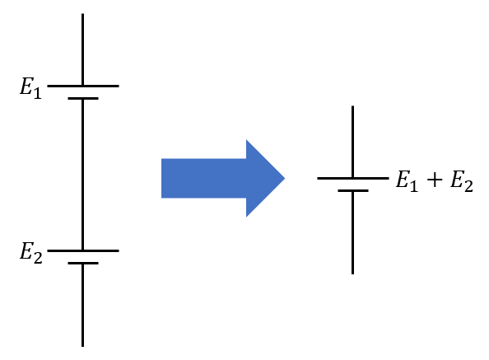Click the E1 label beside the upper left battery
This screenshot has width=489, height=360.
click(30, 88)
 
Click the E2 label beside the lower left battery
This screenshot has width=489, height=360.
click(31, 253)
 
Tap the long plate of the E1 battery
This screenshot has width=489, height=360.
click(83, 86)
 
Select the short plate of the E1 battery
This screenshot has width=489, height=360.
click(83, 98)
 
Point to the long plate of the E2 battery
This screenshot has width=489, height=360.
click(83, 250)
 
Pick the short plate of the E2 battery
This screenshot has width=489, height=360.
click(83, 264)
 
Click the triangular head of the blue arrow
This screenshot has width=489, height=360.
click(265, 179)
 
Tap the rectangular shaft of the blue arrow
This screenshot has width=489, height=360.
click(204, 179)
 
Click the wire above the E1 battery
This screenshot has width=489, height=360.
click(82, 49)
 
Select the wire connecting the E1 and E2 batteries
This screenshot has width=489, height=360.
click(82, 175)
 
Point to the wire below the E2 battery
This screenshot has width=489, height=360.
click(82, 306)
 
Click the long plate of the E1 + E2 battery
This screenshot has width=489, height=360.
click(353, 179)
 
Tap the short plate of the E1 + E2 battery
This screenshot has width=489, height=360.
click(353, 190)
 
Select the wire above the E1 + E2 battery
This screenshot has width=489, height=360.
click(352, 142)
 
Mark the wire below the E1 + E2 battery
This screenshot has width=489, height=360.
click(352, 233)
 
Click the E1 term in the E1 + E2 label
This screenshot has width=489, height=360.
click(407, 181)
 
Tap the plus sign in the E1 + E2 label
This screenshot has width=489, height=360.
click(435, 180)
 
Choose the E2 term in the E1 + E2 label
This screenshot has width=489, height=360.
click(462, 181)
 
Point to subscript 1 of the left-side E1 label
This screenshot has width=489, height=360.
click(37, 93)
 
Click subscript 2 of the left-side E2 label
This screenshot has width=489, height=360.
click(38, 258)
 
